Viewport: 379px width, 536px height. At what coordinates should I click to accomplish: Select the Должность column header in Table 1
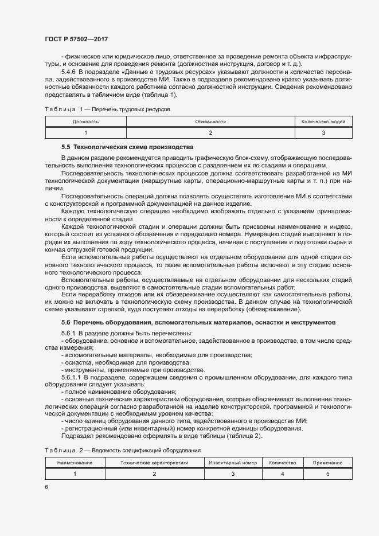pos(85,122)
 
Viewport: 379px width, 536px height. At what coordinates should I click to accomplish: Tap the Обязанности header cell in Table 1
pos(210,122)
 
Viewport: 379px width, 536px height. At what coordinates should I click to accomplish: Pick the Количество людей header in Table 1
pos(323,122)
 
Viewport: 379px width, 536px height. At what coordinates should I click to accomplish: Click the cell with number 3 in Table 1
pos(323,132)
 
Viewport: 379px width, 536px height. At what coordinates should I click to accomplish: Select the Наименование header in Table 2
pos(75,462)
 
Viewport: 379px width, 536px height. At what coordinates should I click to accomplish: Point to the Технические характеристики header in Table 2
pos(154,462)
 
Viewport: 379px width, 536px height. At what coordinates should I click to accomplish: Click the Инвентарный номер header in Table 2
pos(233,462)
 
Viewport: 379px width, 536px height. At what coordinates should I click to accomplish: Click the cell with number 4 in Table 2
pos(282,474)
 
